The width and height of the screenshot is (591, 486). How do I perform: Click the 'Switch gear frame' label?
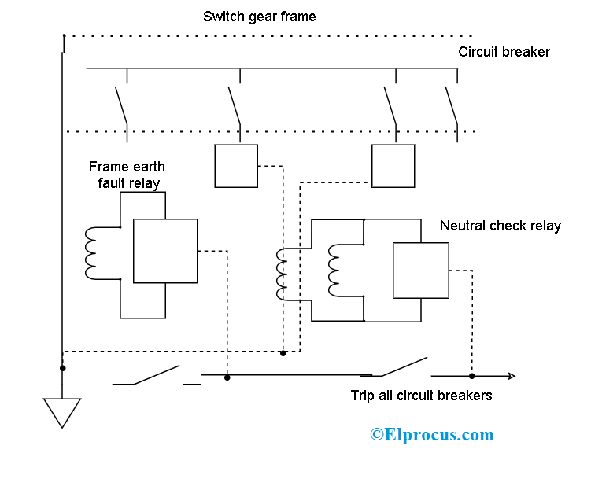pyautogui.click(x=259, y=17)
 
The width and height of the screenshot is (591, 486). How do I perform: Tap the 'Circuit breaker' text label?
pyautogui.click(x=504, y=52)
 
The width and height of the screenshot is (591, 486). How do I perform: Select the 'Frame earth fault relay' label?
pyautogui.click(x=126, y=175)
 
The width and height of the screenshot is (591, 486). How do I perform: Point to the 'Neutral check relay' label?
pyautogui.click(x=500, y=226)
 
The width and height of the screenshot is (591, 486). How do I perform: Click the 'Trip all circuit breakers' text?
pyautogui.click(x=421, y=396)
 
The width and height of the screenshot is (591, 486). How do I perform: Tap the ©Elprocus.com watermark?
pyautogui.click(x=432, y=434)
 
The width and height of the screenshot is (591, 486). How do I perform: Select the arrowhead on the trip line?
pyautogui.click(x=511, y=376)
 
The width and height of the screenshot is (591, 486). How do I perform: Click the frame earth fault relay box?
pyautogui.click(x=165, y=251)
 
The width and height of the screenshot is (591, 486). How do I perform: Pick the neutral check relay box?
pyautogui.click(x=421, y=271)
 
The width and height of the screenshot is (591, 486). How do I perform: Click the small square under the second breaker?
pyautogui.click(x=236, y=166)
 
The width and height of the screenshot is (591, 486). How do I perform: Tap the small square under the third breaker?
pyautogui.click(x=393, y=166)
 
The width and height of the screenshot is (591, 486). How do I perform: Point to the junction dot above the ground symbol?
pyautogui.click(x=63, y=367)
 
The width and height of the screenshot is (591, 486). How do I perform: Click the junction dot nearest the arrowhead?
pyautogui.click(x=471, y=376)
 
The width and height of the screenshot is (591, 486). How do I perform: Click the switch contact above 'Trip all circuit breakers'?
pyautogui.click(x=401, y=366)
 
